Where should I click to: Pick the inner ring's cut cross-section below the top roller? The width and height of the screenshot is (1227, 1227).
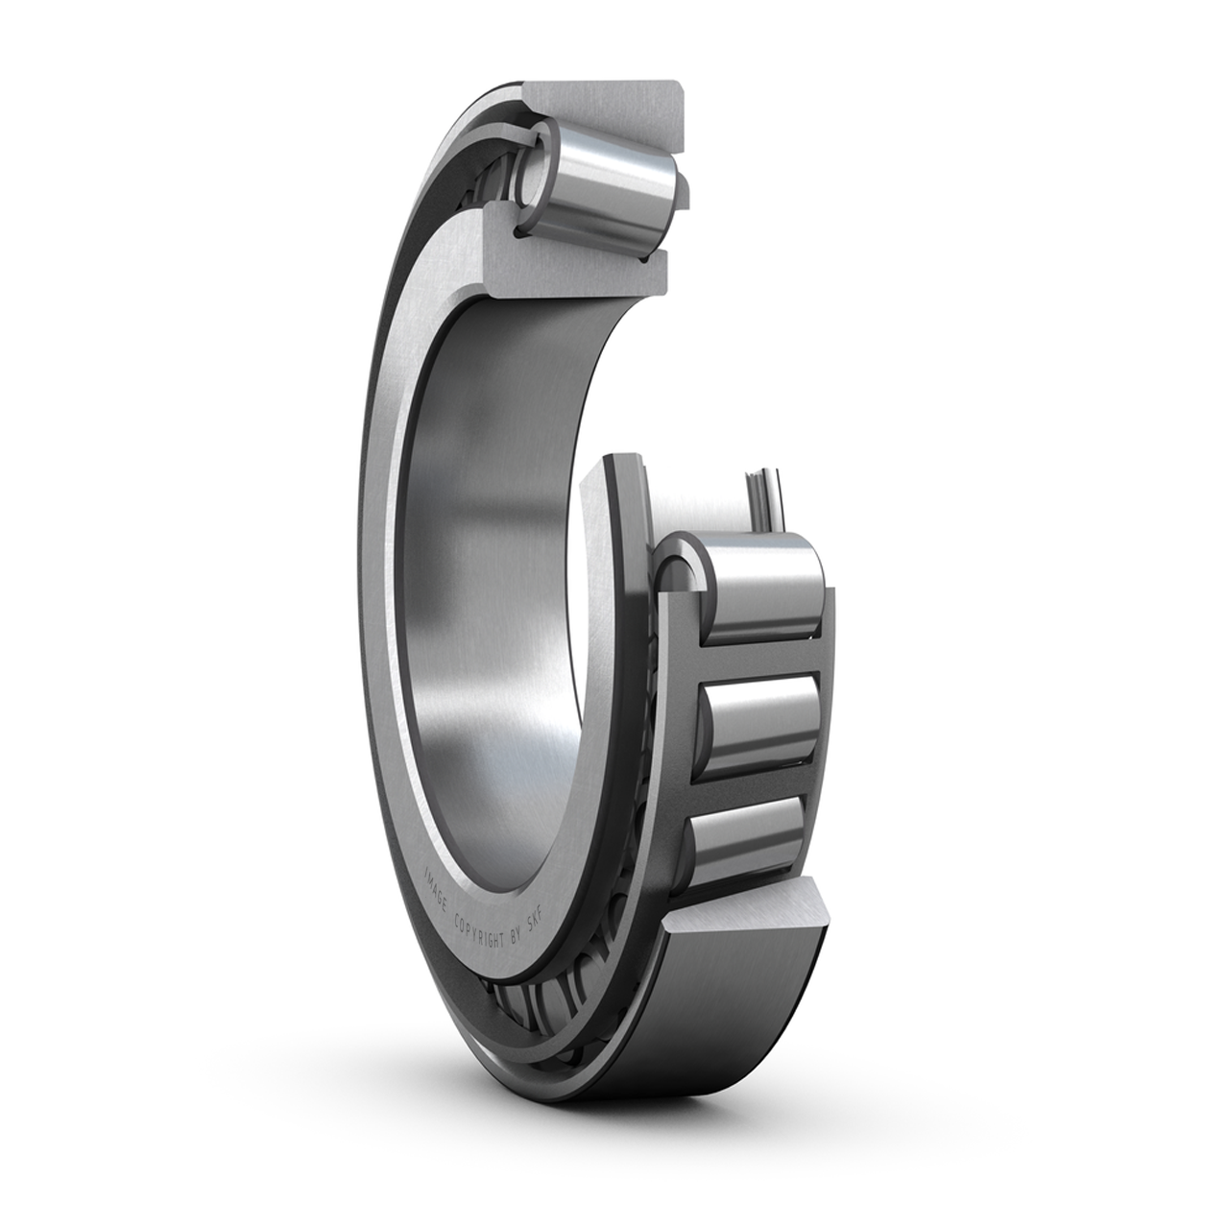pos(573,268)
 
